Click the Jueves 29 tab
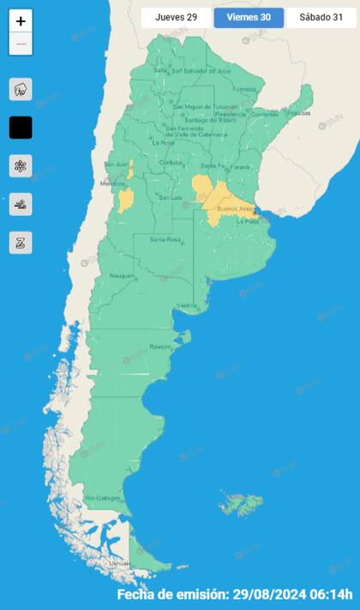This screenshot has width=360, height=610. coord(176,17)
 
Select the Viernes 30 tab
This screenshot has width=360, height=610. coord(249,17)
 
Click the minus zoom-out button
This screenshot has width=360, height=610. coord(21,44)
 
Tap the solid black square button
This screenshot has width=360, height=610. coord(21,128)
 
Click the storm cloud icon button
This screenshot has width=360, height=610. coord(21,88)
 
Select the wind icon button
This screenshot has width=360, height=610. coord(21,204)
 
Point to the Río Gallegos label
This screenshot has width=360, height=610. coord(102,498)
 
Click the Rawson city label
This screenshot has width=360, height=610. coord(160,347)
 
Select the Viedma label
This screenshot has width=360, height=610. coord(186,306)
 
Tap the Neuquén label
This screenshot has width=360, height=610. coord(122,275)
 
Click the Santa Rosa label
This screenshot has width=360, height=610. coord(165,240)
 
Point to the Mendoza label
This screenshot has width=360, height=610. coord(112,183)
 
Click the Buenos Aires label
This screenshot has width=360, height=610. coord(235,209)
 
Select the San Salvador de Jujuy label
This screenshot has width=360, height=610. coord(202,71)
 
